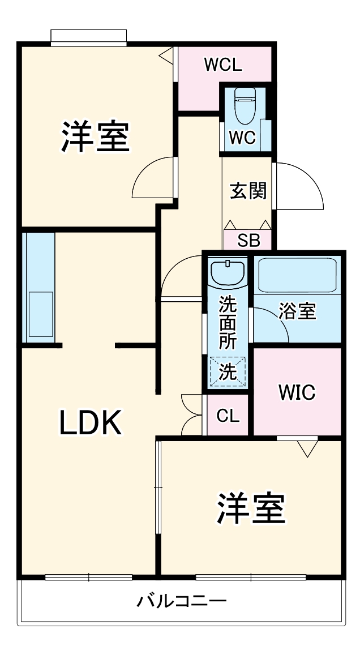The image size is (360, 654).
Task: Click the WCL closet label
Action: click(223, 65)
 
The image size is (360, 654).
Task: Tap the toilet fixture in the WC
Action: click(245, 105)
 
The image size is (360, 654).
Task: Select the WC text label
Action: click(242, 138)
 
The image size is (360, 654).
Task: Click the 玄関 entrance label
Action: click(248, 191)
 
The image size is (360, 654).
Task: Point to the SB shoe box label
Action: click(248, 241)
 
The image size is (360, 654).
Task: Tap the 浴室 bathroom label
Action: click(297, 311)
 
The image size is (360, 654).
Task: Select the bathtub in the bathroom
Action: click(298, 275)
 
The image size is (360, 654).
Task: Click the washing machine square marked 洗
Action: click(228, 372)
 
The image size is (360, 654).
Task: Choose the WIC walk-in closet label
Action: click(297, 392)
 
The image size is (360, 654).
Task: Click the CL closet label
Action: click(228, 416)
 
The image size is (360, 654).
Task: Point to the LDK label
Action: click(91, 422)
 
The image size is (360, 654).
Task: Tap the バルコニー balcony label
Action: click(182, 600)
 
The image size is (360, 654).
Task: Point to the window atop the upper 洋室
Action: click(88, 36)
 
